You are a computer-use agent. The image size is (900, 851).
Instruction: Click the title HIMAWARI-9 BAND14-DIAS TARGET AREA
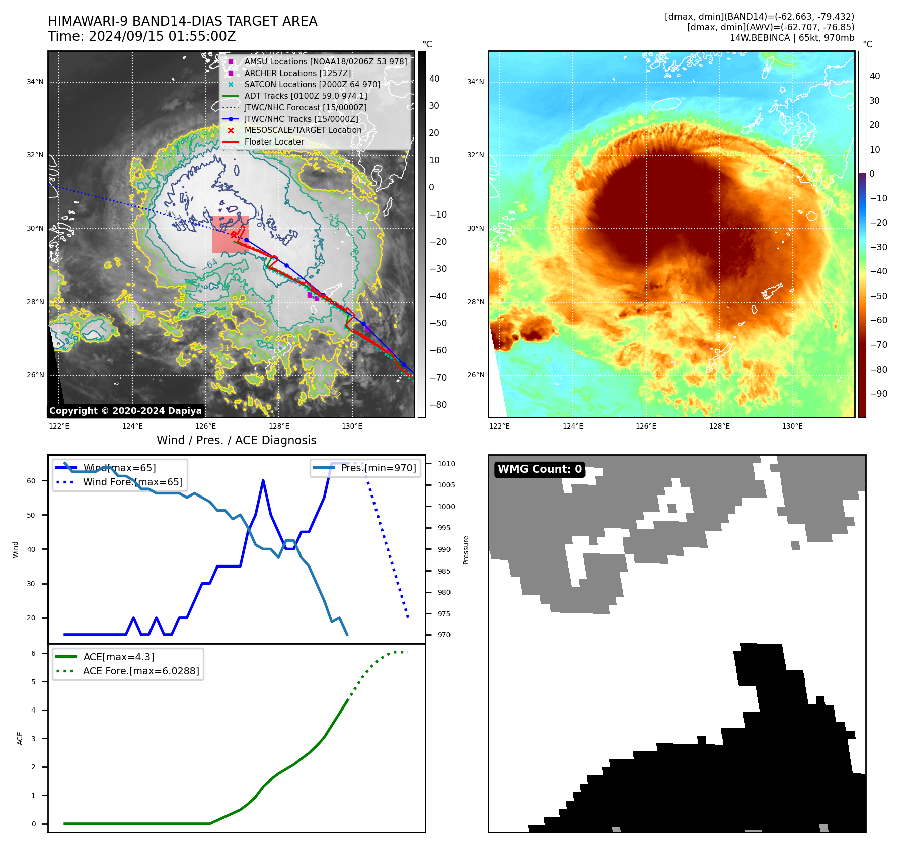coord(182,21)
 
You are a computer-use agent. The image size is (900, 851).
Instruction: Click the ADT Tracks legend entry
coord(306,96)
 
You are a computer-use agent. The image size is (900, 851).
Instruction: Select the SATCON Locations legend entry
coord(312,84)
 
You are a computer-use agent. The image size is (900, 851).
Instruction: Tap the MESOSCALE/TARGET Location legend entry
coord(303,130)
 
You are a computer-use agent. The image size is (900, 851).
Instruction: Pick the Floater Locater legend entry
coord(274,141)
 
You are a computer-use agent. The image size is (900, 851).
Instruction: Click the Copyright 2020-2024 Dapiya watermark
coord(125,411)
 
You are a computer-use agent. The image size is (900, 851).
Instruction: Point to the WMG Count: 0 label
coord(540,469)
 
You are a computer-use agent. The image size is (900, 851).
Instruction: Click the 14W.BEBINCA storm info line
coord(792,38)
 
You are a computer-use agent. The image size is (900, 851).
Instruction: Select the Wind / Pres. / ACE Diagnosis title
coord(236,440)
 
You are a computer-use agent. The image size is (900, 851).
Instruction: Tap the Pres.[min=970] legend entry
coord(378,468)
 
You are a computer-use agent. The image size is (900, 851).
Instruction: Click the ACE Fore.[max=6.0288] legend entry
coord(141,671)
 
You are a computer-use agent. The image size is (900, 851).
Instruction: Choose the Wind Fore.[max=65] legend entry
coord(133,482)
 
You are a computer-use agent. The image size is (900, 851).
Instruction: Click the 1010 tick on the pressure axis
coord(446,464)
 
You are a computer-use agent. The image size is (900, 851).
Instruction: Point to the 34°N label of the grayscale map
coord(35,82)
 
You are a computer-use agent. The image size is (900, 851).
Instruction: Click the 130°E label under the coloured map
coord(792,426)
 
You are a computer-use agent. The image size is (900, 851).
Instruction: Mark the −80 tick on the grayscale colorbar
coord(438,405)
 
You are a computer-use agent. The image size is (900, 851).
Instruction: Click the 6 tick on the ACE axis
coord(33,653)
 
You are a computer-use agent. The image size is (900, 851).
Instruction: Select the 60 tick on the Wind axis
coord(31,481)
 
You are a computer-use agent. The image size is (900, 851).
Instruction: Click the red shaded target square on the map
coord(231,234)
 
